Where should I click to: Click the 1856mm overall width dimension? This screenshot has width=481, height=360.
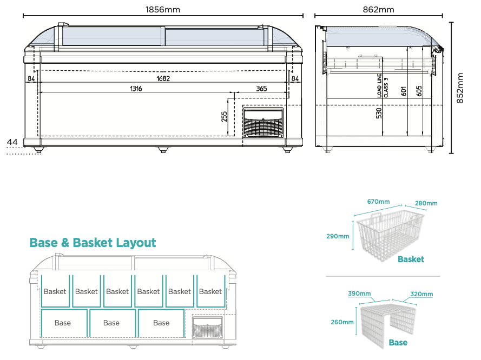(163, 9)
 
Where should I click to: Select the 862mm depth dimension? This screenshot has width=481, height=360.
(378, 9)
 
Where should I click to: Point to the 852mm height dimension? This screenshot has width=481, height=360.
(461, 88)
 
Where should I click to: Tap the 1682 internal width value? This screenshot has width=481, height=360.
(163, 79)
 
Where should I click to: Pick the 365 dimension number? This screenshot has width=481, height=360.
(261, 89)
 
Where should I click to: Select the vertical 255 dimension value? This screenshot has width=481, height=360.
(225, 116)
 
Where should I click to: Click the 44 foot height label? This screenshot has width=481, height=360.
(12, 142)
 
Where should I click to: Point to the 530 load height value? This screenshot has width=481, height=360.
(379, 113)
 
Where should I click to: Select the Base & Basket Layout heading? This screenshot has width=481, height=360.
(93, 243)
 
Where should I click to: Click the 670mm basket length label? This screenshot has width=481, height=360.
(378, 202)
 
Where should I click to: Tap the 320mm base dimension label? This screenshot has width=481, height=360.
(421, 294)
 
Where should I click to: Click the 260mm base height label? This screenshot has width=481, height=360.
(341, 322)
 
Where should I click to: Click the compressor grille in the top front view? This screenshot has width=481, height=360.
(263, 124)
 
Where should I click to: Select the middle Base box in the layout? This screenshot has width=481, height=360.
(111, 323)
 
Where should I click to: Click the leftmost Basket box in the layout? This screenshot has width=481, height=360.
(55, 292)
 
